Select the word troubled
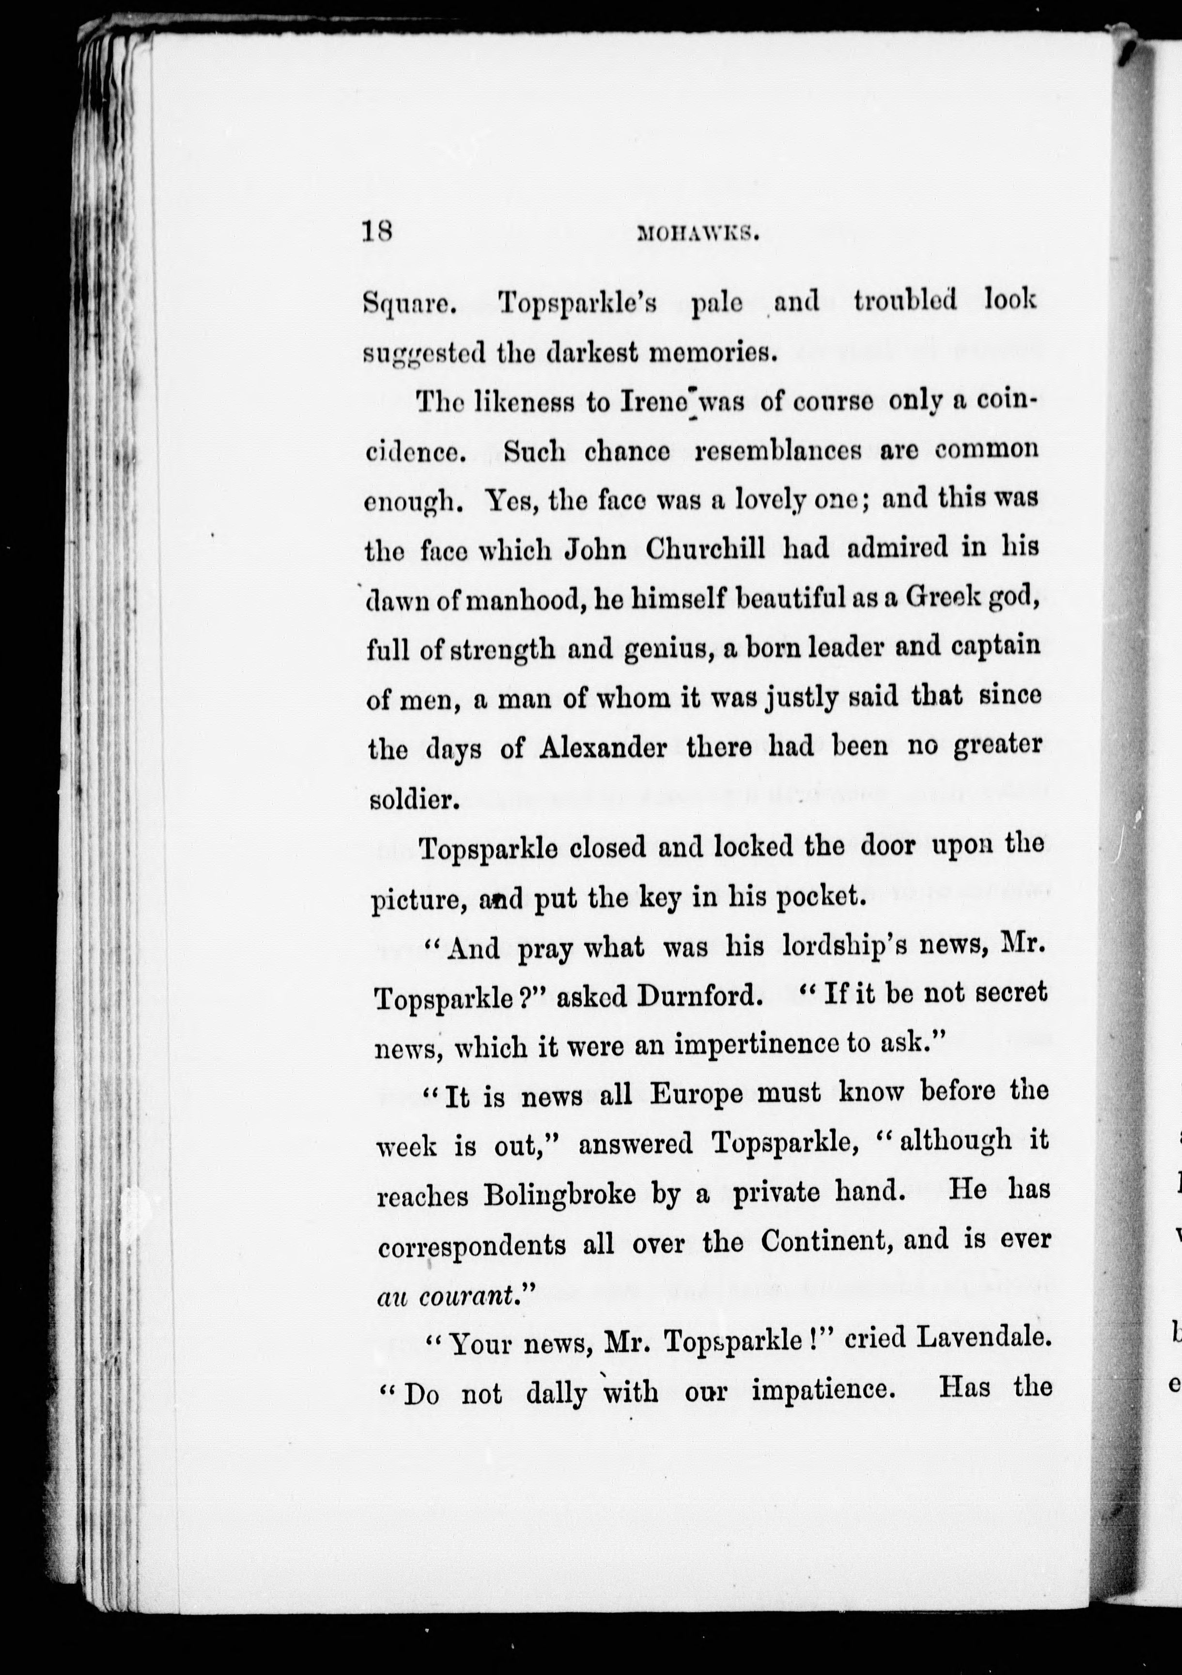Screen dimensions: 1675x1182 click(904, 300)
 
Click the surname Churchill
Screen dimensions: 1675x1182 click(705, 548)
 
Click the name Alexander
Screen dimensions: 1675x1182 click(603, 748)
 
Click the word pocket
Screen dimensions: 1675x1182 click(821, 897)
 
